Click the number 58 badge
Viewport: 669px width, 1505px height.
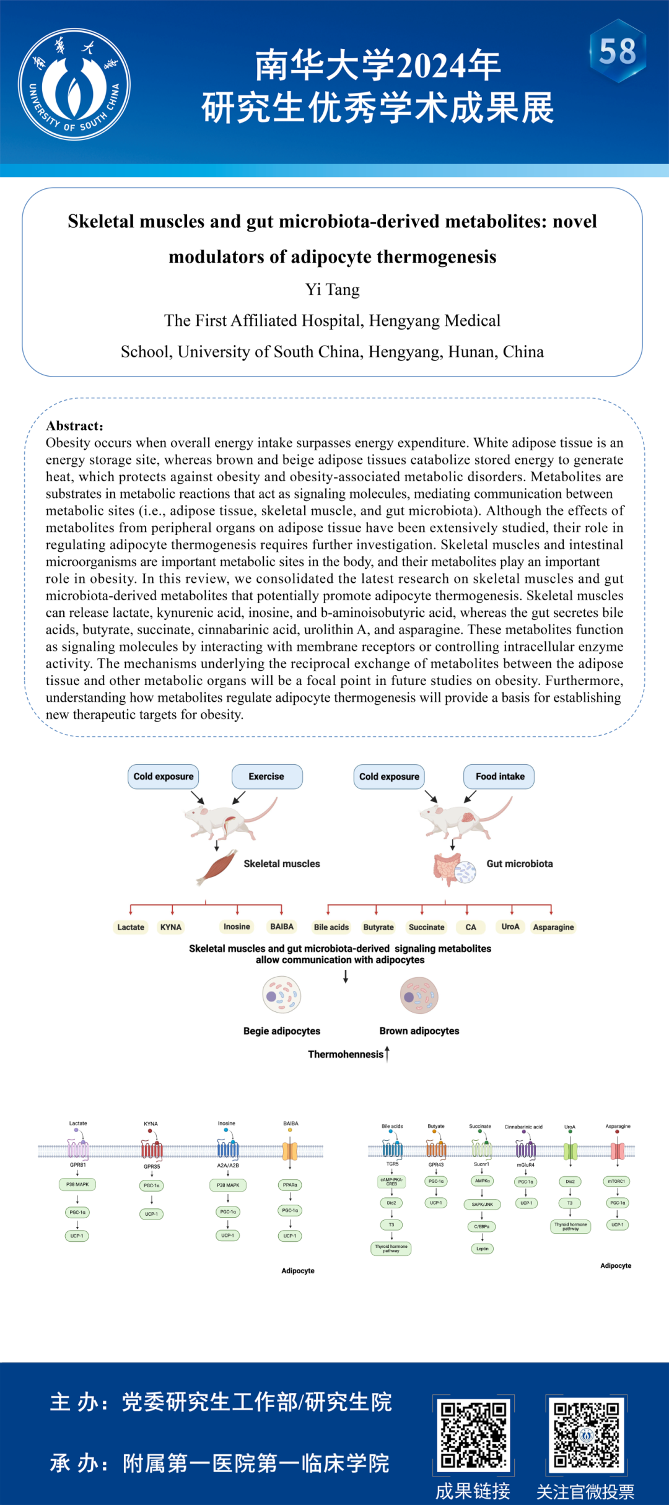(618, 51)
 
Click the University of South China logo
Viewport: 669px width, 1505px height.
(74, 84)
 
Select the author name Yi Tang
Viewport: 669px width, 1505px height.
(332, 289)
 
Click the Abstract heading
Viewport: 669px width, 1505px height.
(74, 425)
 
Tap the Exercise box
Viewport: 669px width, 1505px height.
(266, 776)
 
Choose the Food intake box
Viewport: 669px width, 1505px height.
(499, 776)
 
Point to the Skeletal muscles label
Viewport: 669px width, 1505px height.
(281, 863)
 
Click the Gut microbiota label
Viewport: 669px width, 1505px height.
(519, 863)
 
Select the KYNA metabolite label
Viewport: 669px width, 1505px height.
(171, 927)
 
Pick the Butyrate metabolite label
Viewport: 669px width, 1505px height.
(378, 927)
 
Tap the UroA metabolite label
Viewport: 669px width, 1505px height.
(510, 927)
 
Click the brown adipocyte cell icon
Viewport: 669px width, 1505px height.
(419, 995)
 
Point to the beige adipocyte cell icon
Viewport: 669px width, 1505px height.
(282, 995)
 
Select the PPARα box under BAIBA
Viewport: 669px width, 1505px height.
(290, 1185)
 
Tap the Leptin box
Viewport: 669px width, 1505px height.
(483, 1249)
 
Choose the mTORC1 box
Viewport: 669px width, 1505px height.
(617, 1181)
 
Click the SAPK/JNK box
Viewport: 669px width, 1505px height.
(483, 1204)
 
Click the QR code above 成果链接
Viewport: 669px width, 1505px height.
(474, 1434)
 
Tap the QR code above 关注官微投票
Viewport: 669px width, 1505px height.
(586, 1434)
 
